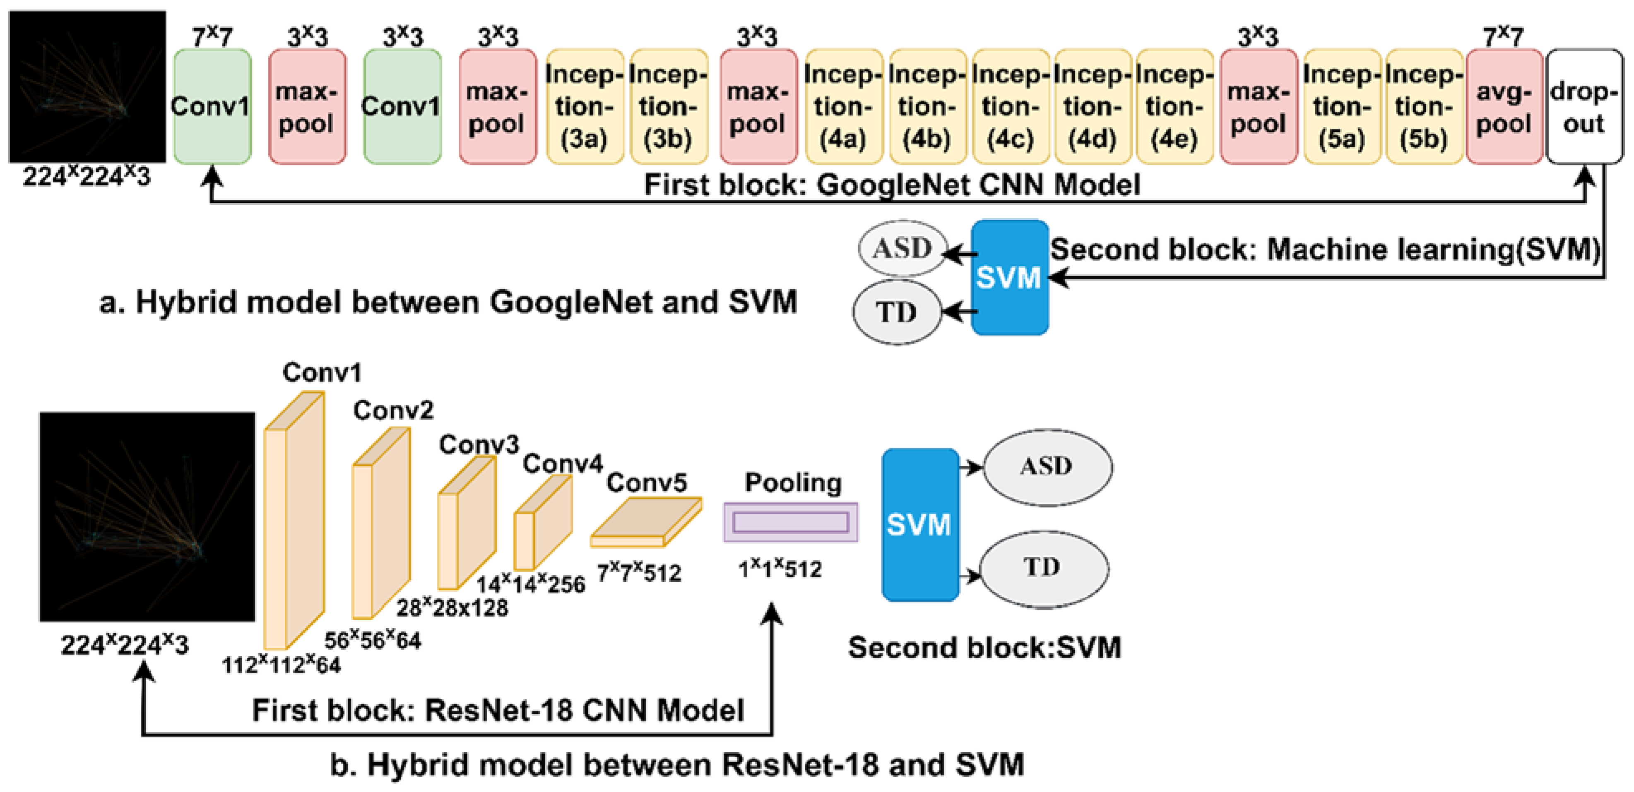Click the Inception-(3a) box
click(584, 106)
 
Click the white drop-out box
click(1584, 106)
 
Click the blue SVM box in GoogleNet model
click(1009, 277)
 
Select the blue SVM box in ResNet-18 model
click(919, 524)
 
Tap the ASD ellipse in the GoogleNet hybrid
click(902, 248)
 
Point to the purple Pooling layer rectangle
click(790, 522)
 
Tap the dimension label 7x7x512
click(639, 573)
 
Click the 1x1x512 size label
click(780, 569)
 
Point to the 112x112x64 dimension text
click(281, 665)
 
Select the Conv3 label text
click(479, 444)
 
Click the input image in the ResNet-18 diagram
click(147, 517)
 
